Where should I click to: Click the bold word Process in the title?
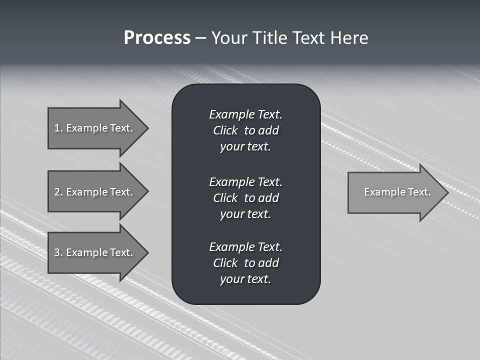157,38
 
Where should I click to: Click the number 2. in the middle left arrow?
58,192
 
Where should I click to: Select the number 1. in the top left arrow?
58,128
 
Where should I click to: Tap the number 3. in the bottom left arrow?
58,252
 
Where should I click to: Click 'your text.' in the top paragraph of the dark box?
245,147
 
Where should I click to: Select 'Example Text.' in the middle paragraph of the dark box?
245,181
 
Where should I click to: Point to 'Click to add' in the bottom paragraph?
245,263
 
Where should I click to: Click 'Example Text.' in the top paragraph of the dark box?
245,114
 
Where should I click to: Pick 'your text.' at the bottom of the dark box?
245,279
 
